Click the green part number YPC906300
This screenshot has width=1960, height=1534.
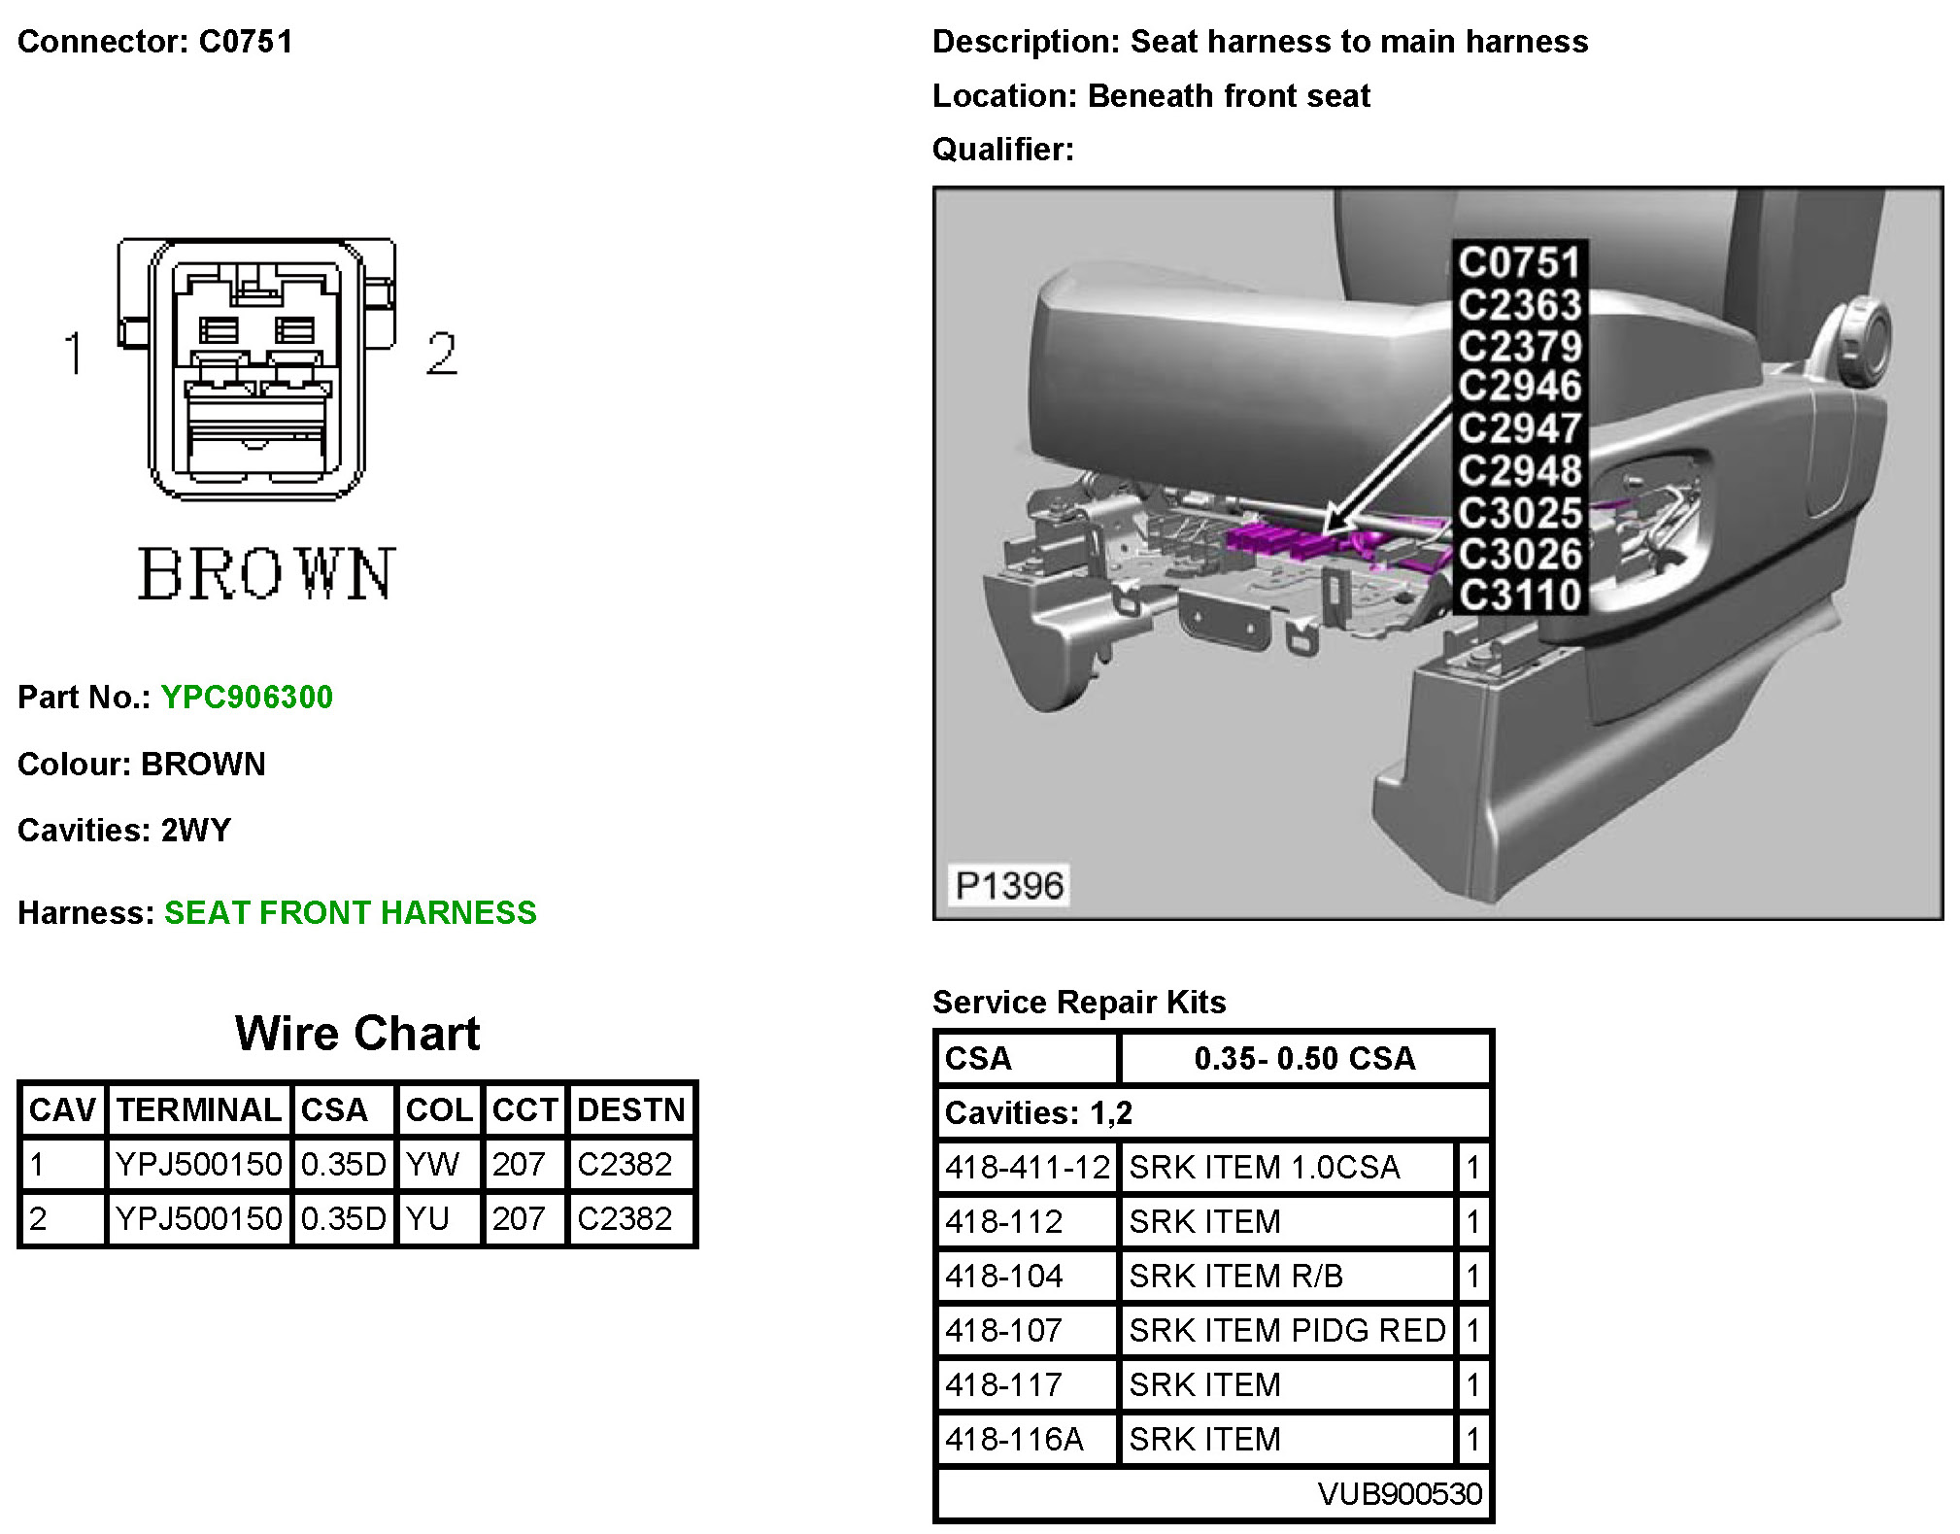point(247,698)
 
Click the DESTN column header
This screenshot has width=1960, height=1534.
point(630,1109)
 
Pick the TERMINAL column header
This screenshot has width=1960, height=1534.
point(198,1109)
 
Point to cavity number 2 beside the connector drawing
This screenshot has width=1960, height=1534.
point(441,354)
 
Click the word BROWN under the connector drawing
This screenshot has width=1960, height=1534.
point(266,575)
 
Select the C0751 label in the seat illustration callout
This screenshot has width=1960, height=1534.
point(1519,262)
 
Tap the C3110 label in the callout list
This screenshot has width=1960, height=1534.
point(1519,595)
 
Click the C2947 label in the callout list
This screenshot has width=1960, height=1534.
point(1519,428)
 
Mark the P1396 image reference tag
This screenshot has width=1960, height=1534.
point(1009,885)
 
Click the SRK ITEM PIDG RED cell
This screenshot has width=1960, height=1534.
point(1287,1330)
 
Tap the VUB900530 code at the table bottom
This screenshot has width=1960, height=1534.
point(1400,1493)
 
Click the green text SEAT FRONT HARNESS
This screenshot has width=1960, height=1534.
point(350,913)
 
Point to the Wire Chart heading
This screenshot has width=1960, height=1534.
point(357,1033)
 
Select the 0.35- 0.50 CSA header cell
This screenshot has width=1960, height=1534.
point(1304,1058)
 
